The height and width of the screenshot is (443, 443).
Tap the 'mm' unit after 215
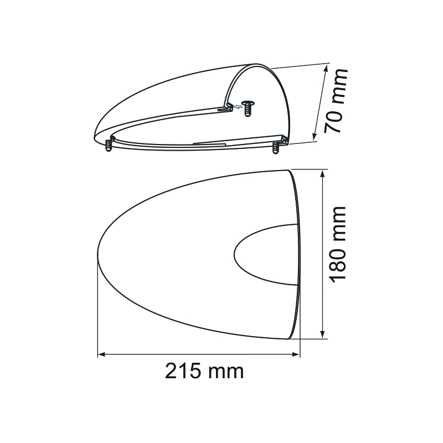(x=225, y=373)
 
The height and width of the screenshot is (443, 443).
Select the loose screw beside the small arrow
(x=248, y=108)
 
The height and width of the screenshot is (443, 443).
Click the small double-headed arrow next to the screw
(x=238, y=106)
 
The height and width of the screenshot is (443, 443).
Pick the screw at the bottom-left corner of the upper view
(x=108, y=145)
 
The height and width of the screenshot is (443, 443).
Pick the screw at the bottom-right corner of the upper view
(x=275, y=148)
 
